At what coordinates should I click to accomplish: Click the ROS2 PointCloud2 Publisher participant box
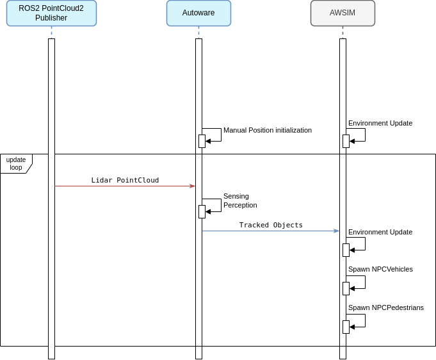click(x=51, y=13)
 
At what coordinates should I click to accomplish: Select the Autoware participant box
click(x=198, y=13)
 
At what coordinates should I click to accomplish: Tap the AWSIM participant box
click(x=343, y=13)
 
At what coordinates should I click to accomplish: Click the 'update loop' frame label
click(x=16, y=163)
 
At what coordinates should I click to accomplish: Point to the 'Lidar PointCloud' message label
click(x=125, y=180)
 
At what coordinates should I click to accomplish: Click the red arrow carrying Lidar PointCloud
click(x=125, y=186)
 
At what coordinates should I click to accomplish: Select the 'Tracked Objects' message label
click(x=271, y=225)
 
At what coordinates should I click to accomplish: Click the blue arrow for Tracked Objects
click(x=271, y=231)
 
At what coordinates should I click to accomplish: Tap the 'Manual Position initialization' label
click(x=267, y=130)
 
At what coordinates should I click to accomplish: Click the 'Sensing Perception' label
click(x=240, y=200)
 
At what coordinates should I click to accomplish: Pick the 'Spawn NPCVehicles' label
click(x=380, y=269)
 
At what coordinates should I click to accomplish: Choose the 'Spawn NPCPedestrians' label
click(x=385, y=307)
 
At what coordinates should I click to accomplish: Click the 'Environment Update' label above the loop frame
click(x=380, y=123)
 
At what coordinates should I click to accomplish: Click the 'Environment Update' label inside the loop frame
click(x=380, y=232)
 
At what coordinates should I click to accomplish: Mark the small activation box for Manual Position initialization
click(x=202, y=141)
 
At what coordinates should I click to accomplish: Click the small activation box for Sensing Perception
click(x=202, y=211)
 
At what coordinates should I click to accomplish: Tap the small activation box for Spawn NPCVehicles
click(x=346, y=288)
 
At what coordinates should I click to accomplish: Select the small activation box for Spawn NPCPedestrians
click(x=346, y=327)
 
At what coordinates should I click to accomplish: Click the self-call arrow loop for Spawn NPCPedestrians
click(x=364, y=320)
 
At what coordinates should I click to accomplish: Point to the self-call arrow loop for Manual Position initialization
click(x=220, y=135)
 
